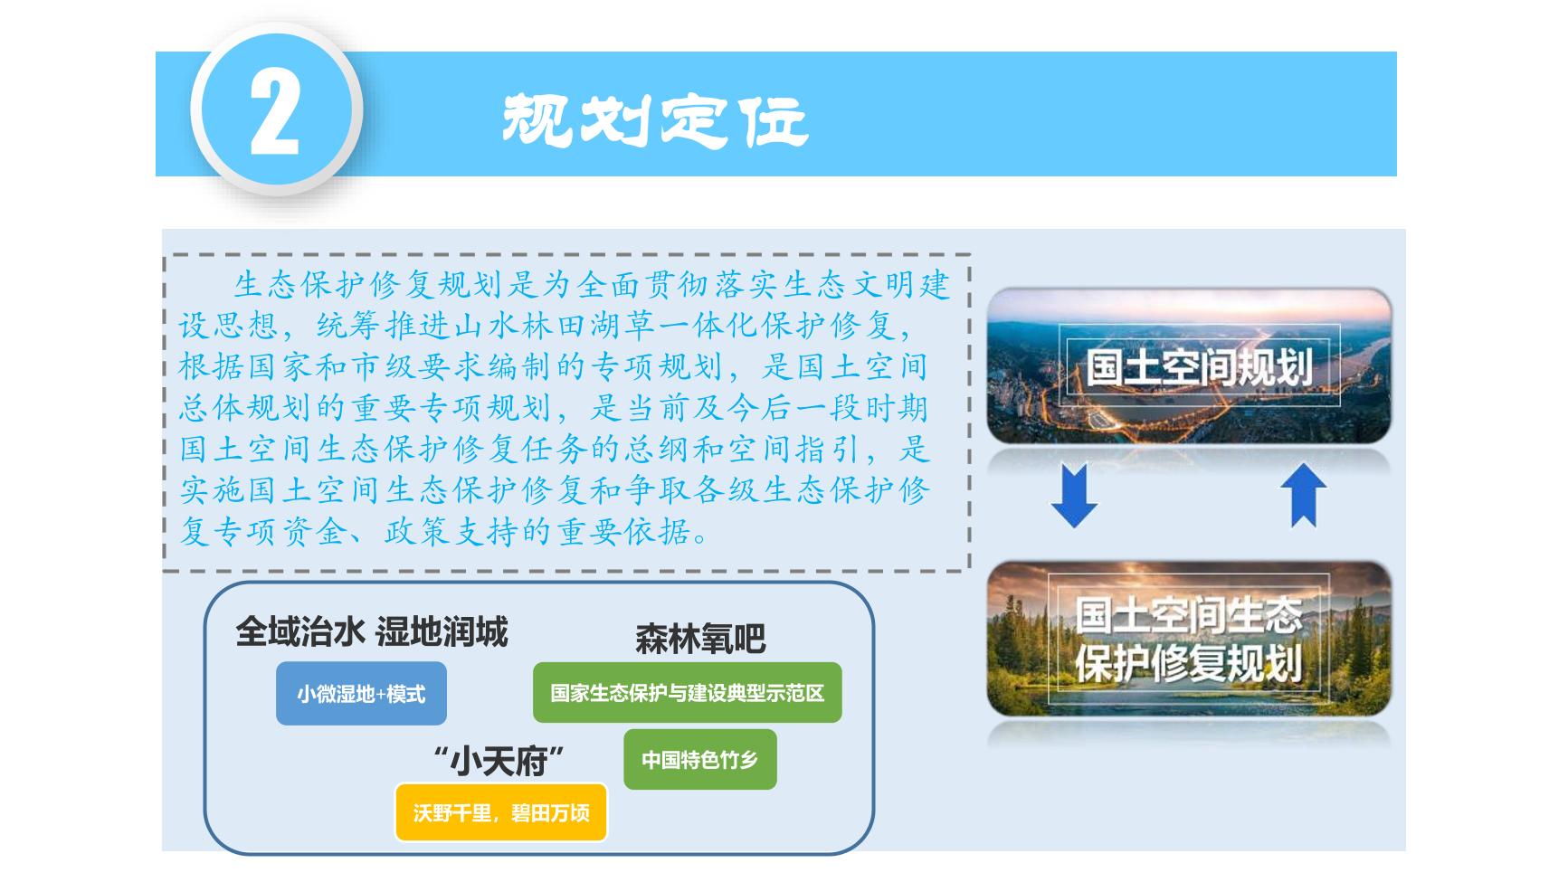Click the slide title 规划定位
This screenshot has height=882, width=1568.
click(654, 119)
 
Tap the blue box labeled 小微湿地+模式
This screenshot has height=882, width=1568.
click(361, 694)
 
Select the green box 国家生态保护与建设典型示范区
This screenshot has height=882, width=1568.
click(688, 693)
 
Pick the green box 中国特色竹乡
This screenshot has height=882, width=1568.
click(700, 759)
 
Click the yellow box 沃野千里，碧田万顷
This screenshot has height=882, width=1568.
click(501, 812)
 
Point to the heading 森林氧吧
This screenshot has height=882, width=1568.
click(700, 640)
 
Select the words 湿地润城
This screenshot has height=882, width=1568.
click(442, 631)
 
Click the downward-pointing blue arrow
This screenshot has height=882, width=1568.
click(1074, 495)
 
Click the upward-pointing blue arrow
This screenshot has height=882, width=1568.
click(1303, 495)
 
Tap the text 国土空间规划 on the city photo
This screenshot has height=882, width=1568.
click(1199, 367)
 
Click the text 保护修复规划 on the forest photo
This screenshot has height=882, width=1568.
click(1189, 663)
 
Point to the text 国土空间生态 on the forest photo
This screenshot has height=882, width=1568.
click(1189, 616)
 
